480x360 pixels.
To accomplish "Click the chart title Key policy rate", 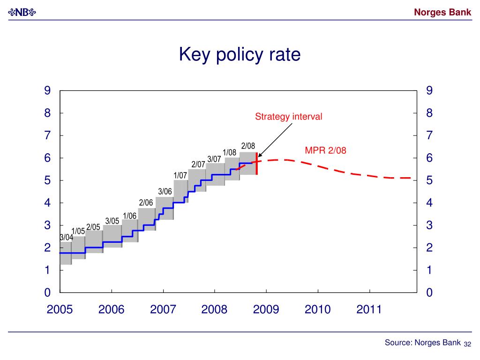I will (240, 55).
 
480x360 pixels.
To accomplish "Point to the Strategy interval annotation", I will (288, 116).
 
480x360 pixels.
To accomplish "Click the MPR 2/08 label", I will (325, 150).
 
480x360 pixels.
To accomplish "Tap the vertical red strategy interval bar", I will (256, 164).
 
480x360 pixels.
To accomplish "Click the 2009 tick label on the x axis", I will (266, 309).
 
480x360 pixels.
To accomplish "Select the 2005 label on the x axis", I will (60, 309).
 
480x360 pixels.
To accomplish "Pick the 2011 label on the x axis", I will (369, 309).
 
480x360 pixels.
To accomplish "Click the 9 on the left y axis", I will (47, 90).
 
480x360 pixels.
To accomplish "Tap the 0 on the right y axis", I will (429, 293).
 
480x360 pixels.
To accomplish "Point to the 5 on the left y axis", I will (47, 180).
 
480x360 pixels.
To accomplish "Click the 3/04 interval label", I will (67, 237).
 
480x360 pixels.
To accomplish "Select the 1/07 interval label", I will (180, 175).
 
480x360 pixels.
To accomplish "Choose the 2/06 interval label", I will (146, 202).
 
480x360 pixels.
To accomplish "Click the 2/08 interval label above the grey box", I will (248, 146).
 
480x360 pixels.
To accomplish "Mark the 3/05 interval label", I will (112, 220).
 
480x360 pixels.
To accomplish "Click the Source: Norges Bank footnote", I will (422, 343).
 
